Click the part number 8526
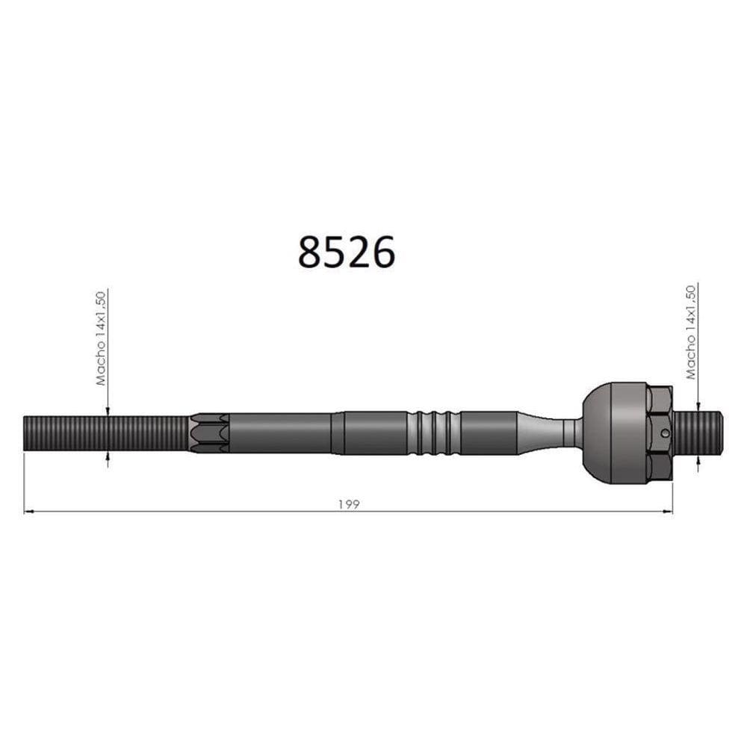pyautogui.click(x=346, y=252)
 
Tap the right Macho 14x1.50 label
pyautogui.click(x=691, y=332)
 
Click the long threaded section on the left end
pyautogui.click(x=105, y=433)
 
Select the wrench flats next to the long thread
pyautogui.click(x=209, y=433)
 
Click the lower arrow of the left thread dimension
pyautogui.click(x=108, y=457)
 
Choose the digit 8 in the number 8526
pyautogui.click(x=310, y=252)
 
